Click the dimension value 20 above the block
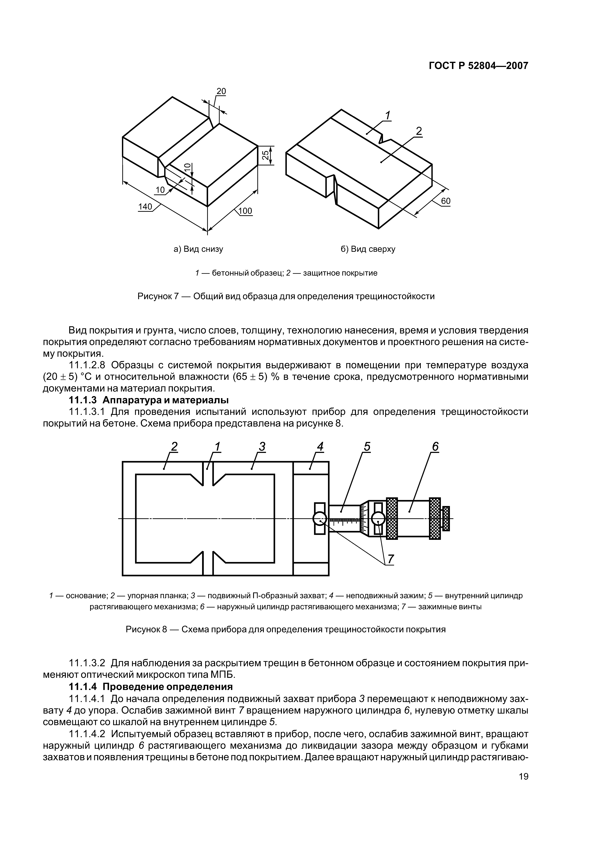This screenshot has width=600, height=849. click(221, 91)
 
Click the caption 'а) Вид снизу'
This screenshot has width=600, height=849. click(198, 249)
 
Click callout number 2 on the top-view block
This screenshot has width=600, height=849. click(419, 131)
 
